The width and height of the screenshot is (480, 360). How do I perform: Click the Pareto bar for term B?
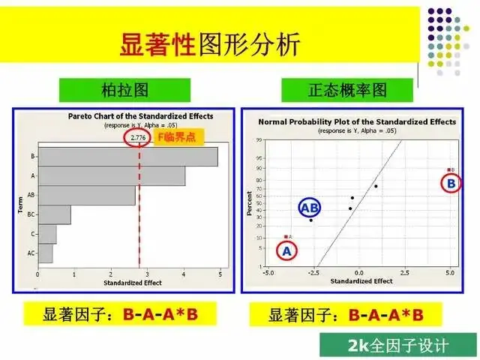point(127,156)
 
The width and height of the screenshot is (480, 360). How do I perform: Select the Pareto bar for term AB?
point(87,195)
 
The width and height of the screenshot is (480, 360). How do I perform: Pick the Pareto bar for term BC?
point(54,214)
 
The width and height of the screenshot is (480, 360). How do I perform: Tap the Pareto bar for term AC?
point(45,253)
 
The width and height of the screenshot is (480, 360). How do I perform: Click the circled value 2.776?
point(138,137)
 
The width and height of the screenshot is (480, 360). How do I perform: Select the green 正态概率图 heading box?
point(347,91)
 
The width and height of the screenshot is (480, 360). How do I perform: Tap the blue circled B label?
point(451,183)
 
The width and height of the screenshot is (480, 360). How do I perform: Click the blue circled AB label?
point(310,207)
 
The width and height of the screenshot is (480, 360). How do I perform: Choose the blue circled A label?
point(286,252)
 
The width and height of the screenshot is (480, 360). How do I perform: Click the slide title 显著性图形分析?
point(209,44)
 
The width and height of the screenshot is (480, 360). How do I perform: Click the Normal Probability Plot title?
point(356,121)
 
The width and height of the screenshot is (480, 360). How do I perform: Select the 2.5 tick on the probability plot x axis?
point(404,273)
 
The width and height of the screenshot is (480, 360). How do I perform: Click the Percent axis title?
point(250,202)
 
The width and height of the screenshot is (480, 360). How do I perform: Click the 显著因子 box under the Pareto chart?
point(120,314)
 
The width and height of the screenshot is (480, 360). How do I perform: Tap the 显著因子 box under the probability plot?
point(345,314)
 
